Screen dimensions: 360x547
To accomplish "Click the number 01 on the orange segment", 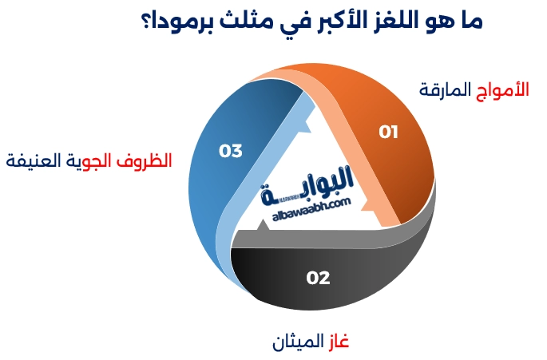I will pyautogui.click(x=388, y=132).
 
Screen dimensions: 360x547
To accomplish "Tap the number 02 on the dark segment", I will pyautogui.click(x=318, y=278).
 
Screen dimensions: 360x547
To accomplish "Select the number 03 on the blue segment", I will pyautogui.click(x=230, y=150).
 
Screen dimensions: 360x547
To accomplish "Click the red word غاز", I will pyautogui.click(x=337, y=342).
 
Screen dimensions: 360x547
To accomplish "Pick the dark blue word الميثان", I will pyautogui.click(x=295, y=342).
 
